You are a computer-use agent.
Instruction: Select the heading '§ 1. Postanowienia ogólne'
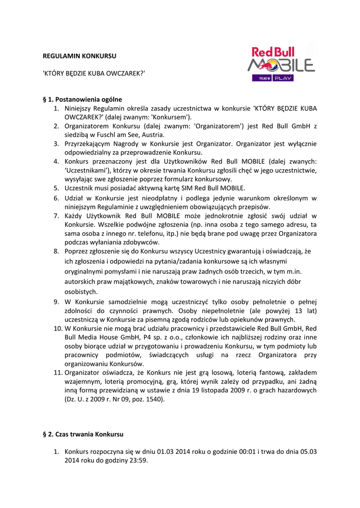[x=82, y=99]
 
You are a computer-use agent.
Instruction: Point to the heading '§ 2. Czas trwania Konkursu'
[x=83, y=434]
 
